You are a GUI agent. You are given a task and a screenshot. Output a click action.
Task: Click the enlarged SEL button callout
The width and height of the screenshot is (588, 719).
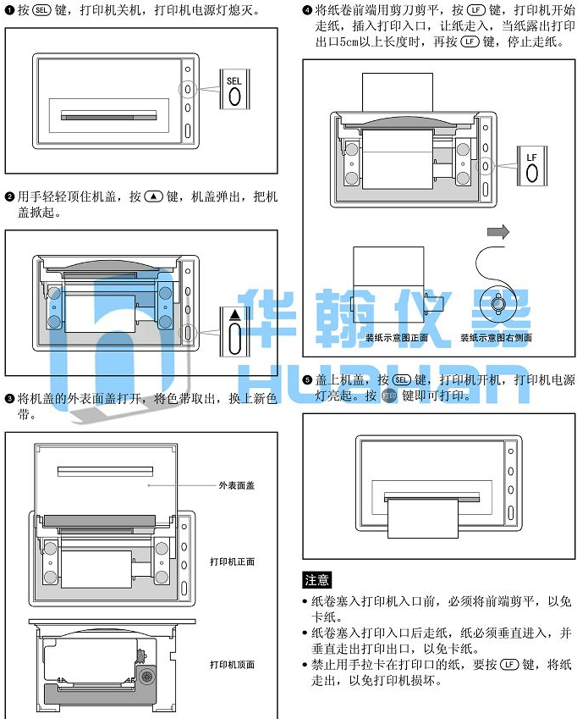(x=234, y=90)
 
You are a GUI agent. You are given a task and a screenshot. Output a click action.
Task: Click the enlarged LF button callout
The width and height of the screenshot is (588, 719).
(x=531, y=166)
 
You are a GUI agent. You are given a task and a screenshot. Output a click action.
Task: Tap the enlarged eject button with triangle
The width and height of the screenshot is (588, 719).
(x=234, y=332)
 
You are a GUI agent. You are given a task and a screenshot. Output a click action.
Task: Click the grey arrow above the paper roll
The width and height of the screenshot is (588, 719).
(x=498, y=231)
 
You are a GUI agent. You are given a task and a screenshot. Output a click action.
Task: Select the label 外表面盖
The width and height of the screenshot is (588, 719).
(x=236, y=485)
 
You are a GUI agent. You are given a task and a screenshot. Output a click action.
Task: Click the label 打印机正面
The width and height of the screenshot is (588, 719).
(x=232, y=561)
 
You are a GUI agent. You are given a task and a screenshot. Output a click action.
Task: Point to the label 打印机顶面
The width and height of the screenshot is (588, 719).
(x=232, y=665)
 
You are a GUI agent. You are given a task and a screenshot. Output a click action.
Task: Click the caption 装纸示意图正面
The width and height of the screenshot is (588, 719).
(x=397, y=338)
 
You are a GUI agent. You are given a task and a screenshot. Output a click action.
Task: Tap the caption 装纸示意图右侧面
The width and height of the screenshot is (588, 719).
(x=497, y=338)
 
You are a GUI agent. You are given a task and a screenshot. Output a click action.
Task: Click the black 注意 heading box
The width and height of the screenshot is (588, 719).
(x=317, y=580)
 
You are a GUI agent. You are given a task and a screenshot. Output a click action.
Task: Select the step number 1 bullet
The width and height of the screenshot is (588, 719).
(x=9, y=10)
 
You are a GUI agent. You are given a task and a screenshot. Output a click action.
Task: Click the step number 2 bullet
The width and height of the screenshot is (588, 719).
(x=9, y=197)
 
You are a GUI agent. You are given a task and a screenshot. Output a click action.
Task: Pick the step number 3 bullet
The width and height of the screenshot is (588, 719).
(x=9, y=399)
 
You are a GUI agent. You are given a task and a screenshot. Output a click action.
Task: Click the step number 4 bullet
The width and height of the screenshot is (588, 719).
(x=307, y=10)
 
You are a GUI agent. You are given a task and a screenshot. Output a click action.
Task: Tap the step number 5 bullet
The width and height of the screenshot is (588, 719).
(x=307, y=380)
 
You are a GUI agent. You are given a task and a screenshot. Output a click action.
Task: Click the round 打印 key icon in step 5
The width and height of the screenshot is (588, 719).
(x=389, y=395)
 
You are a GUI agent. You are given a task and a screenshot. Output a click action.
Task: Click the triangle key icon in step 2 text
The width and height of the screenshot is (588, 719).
(x=154, y=196)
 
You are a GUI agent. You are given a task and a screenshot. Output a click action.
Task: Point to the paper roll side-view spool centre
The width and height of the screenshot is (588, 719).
(x=497, y=303)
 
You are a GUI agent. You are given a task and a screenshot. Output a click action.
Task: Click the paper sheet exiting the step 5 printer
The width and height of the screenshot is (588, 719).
(x=423, y=518)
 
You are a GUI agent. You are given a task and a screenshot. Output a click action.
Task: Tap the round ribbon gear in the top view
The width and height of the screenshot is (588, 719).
(x=147, y=677)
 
